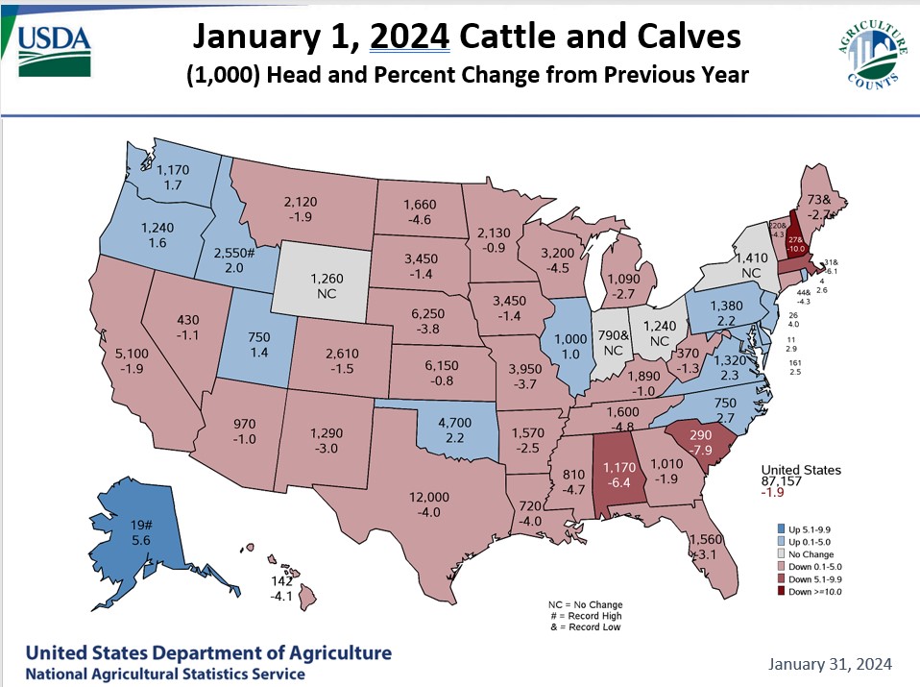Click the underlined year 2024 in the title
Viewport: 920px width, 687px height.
click(411, 37)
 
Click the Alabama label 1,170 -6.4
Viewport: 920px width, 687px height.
click(613, 475)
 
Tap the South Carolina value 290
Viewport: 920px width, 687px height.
click(700, 435)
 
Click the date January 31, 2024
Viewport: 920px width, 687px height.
click(831, 664)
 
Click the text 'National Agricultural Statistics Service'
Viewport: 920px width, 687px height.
click(165, 674)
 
